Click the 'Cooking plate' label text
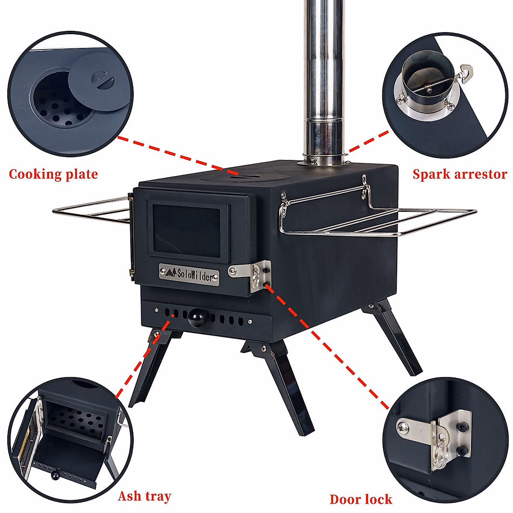(x=53, y=174)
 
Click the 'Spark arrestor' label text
(x=460, y=174)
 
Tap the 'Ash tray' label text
(x=144, y=496)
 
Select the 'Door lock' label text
(x=360, y=499)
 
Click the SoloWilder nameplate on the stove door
(x=189, y=274)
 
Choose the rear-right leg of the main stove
(x=398, y=338)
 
